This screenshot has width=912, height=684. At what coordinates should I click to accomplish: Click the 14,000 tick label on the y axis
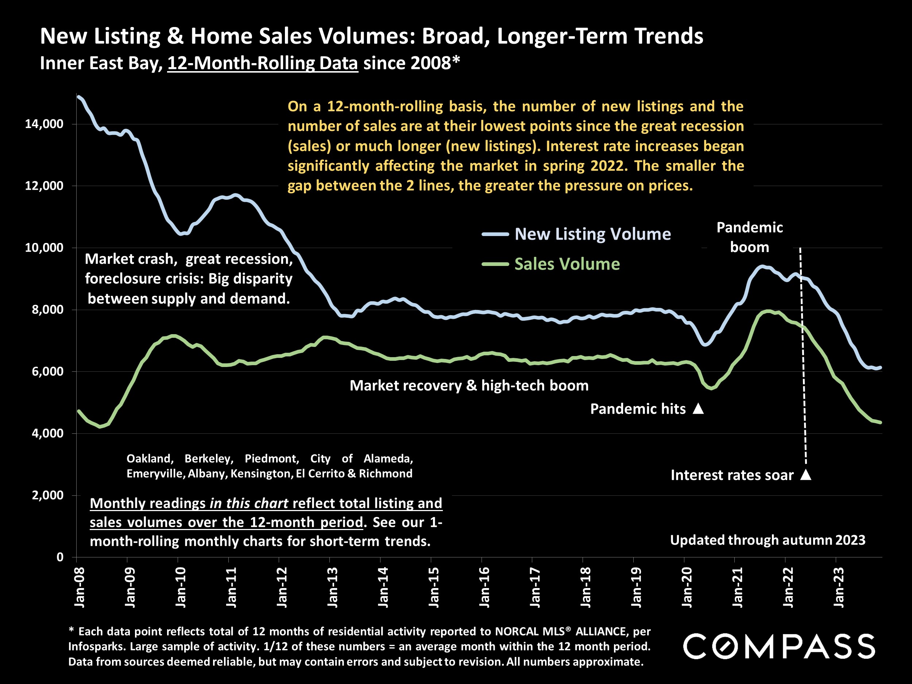[44, 124]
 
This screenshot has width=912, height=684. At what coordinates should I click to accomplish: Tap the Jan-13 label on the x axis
[332, 587]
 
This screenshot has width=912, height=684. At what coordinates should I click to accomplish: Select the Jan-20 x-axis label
[687, 587]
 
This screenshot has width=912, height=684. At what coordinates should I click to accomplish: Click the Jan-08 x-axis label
[79, 587]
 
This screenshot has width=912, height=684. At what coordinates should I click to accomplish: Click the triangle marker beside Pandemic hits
[698, 409]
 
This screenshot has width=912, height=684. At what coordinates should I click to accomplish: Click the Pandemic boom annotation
[749, 237]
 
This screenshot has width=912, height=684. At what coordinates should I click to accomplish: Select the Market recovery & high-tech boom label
[469, 386]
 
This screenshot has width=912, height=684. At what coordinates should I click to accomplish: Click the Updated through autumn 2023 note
[767, 540]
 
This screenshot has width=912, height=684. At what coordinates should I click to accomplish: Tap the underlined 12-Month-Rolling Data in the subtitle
[263, 63]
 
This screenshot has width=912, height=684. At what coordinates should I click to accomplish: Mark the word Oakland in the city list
[150, 459]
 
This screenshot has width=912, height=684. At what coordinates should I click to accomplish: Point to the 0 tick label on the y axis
[60, 557]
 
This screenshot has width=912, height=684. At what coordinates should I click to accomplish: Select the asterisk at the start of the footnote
[72, 630]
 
